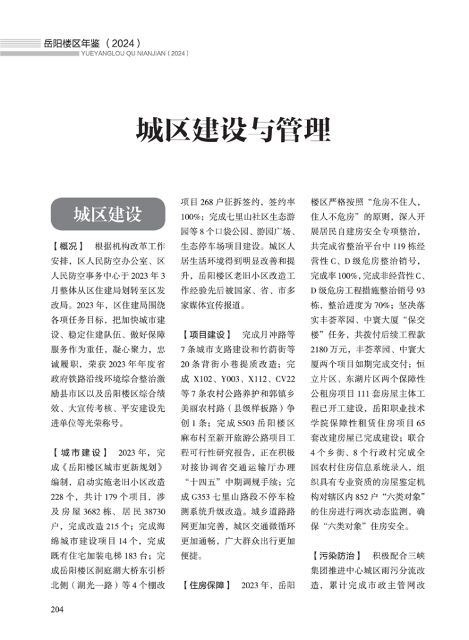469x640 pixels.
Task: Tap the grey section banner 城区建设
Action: pos(107,214)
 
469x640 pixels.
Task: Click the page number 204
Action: pos(58,609)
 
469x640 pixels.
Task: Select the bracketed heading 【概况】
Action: pos(68,246)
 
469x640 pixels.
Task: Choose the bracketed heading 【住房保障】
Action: pos(207,586)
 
